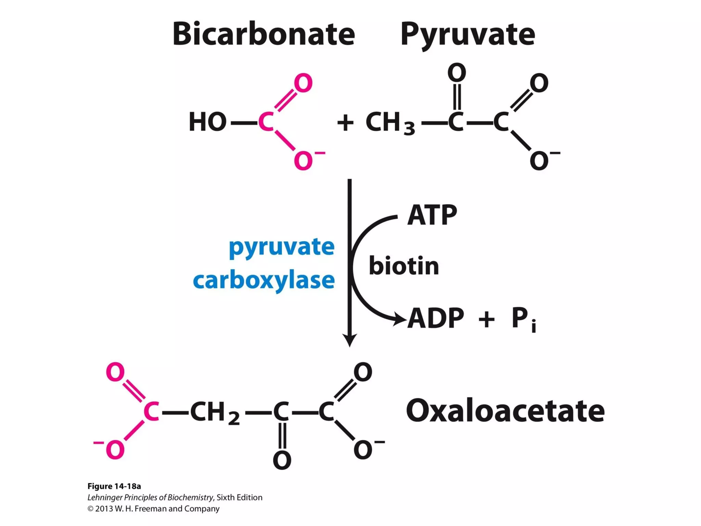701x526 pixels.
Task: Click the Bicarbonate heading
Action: pos(264,34)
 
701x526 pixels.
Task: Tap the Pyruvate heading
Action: pos(468,34)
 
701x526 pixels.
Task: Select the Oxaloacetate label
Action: pos(505,411)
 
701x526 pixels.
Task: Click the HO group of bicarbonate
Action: pos(207,122)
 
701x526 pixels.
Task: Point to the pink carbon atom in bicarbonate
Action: pos(266,122)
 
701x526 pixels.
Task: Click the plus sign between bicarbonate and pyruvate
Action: pos(345,123)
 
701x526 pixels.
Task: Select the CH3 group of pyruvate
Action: pos(390,123)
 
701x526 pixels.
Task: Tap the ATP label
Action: pos(432,215)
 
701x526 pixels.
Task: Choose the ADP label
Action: pos(436,318)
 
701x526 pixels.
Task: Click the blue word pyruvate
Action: pos(281,247)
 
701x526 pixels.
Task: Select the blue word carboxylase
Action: pos(264,280)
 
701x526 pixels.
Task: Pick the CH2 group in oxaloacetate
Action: pos(214,412)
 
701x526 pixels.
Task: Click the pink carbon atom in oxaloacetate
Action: pos(151,412)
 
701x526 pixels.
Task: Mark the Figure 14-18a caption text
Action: pos(114,486)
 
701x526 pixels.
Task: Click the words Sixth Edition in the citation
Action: pos(239,497)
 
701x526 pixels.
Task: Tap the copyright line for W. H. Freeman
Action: pos(153,509)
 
